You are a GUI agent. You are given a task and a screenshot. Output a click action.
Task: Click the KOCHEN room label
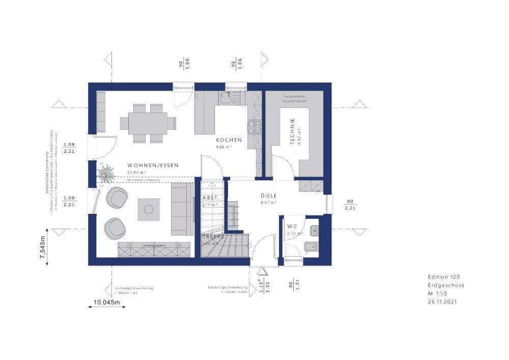pos(228,140)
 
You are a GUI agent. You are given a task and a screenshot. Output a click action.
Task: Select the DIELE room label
pos(268,195)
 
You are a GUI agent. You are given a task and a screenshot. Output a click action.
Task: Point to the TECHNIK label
pos(292,132)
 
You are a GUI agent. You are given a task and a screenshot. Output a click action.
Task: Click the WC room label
pos(292,226)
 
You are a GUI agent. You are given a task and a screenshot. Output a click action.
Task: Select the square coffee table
pos(149,209)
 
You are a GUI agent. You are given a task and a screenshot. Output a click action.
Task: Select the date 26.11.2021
pos(442,302)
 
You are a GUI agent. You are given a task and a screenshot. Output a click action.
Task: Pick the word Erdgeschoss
pos(446,285)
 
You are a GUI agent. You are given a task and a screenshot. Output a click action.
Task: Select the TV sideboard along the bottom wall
pos(155,250)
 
